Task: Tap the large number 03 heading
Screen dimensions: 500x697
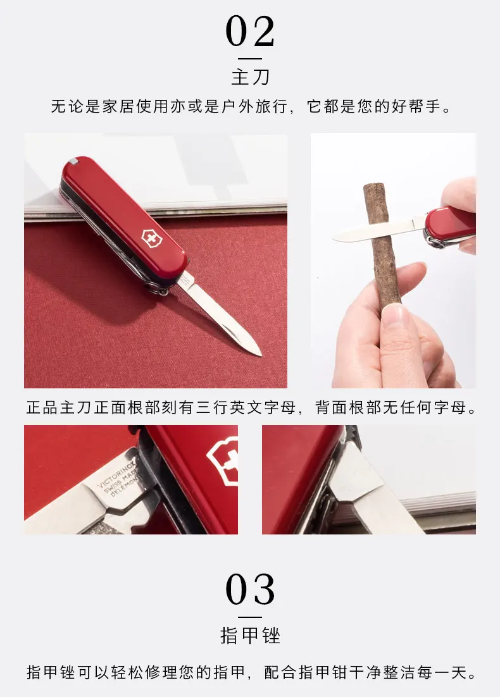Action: click(x=250, y=589)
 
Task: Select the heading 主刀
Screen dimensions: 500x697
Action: click(x=251, y=77)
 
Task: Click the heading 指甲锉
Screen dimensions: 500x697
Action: click(x=251, y=635)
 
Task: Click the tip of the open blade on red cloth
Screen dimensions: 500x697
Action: click(x=260, y=355)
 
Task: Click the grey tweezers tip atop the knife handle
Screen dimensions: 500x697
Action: click(x=74, y=161)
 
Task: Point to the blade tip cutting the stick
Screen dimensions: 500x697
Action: click(x=335, y=238)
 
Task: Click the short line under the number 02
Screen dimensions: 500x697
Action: click(x=250, y=59)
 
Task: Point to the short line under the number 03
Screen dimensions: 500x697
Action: click(x=250, y=617)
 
